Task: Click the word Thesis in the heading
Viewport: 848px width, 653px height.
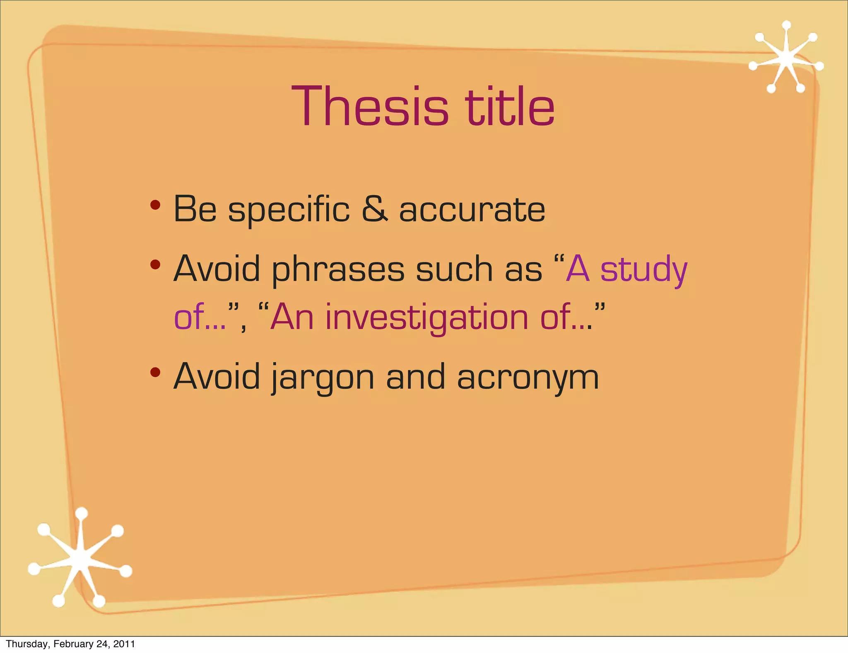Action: point(370,106)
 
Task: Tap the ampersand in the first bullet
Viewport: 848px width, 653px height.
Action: point(374,209)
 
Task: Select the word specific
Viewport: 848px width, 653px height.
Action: point(289,210)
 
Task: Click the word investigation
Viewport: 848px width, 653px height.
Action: point(427,318)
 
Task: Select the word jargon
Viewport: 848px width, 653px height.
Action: point(323,378)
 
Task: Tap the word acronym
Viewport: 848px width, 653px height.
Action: point(528,378)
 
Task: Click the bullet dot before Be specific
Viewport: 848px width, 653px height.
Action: point(155,205)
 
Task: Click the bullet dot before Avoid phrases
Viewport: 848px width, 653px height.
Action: point(155,264)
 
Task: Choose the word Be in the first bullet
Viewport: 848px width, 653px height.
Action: point(195,209)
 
